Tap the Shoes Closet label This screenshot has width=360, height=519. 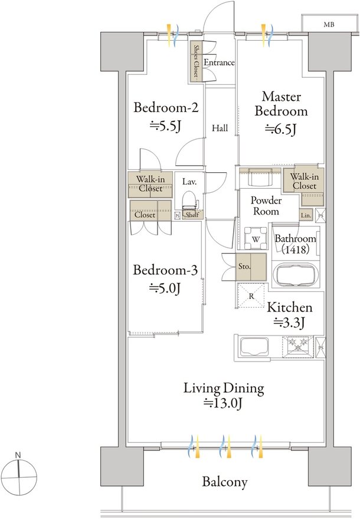196,61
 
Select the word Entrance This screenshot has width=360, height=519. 219,63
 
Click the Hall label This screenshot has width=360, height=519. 220,128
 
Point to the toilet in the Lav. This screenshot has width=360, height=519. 190,200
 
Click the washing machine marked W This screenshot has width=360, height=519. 256,238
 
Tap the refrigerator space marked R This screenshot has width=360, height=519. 251,296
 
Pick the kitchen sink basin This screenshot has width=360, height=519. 254,347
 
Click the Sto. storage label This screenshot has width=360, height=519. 244,266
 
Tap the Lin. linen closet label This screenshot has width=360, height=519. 306,215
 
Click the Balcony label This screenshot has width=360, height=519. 225,482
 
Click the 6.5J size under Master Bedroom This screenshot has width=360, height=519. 280,129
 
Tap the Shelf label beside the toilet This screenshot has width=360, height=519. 192,215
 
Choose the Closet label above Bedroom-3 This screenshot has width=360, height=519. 145,215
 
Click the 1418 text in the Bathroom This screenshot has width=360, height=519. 296,249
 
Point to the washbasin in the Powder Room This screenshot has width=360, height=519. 260,178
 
